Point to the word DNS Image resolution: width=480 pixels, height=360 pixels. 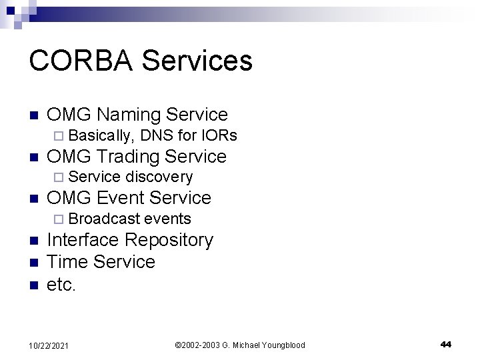click(x=157, y=136)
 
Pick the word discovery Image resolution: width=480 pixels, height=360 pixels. click(x=159, y=177)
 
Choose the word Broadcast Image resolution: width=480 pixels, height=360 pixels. click(x=103, y=219)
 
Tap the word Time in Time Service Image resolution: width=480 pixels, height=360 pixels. click(x=67, y=262)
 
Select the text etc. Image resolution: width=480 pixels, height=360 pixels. click(x=62, y=285)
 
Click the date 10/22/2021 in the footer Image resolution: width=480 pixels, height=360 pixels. click(x=49, y=345)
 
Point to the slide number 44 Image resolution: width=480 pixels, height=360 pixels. click(x=446, y=344)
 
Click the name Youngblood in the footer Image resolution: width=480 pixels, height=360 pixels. click(x=278, y=345)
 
